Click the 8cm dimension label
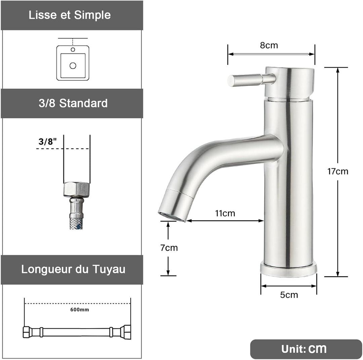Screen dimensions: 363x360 pos(269,45)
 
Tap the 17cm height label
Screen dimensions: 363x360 pos(337,171)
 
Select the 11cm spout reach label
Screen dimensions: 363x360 pos(225,213)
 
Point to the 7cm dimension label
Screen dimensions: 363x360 pos(169,248)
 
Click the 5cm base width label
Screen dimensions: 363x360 pos(289,295)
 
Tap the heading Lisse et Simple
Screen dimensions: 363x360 pos(70,15)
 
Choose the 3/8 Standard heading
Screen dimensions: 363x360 pos(73,103)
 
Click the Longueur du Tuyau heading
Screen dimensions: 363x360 pos(73,269)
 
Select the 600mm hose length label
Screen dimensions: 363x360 pos(79,310)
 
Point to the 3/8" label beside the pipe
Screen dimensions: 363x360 pos(47,142)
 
